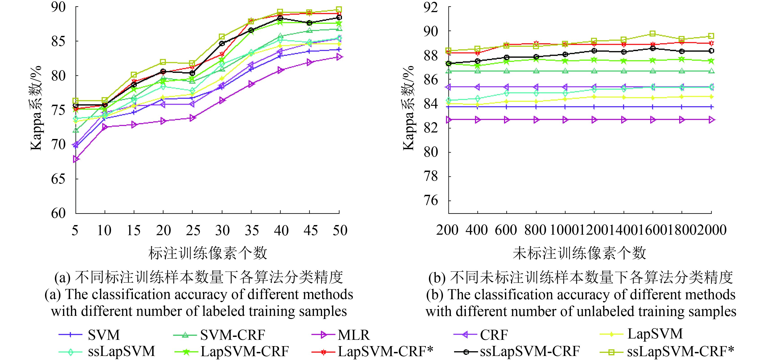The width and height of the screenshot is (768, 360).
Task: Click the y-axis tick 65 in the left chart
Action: [x=58, y=179]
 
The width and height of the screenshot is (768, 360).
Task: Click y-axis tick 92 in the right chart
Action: [x=431, y=7]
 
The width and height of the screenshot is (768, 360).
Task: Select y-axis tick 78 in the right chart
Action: [x=431, y=176]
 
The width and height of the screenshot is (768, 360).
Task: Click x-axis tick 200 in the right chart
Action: [x=447, y=230]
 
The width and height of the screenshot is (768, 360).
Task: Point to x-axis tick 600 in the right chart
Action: [x=506, y=230]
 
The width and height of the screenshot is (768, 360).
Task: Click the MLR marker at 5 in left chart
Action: [x=76, y=159]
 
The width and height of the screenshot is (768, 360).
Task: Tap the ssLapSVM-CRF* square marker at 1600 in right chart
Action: [x=653, y=34]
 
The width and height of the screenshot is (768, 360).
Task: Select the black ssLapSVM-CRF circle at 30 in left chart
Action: [x=222, y=43]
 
